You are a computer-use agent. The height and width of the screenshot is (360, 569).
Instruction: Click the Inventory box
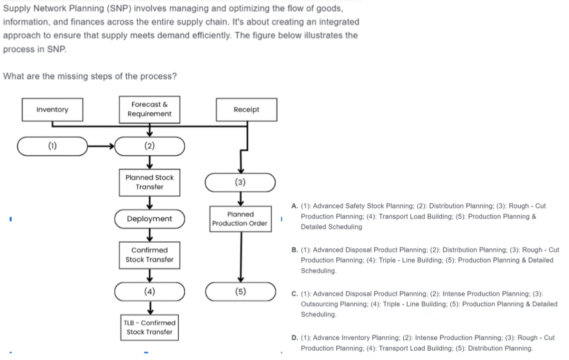[x=52, y=110]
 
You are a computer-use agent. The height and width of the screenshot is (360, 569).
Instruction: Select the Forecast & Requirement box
[x=149, y=109]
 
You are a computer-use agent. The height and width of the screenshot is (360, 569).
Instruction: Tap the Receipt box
[x=246, y=110]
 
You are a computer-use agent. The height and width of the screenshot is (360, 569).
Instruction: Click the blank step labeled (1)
[x=52, y=146]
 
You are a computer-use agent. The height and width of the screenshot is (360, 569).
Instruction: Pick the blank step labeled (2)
[x=149, y=146]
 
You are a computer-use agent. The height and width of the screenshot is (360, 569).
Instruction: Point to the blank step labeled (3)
[x=240, y=182]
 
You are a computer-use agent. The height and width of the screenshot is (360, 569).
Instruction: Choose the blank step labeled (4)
[x=149, y=292]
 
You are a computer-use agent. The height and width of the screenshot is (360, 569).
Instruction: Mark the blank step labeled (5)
[x=240, y=292]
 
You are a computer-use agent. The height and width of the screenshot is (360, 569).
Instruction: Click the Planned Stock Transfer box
[x=149, y=182]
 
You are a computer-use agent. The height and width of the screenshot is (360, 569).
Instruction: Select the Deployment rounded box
[x=149, y=219]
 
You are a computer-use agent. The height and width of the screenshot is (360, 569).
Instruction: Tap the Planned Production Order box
[x=240, y=219]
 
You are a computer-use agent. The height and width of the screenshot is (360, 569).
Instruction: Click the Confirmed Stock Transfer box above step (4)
[x=149, y=255]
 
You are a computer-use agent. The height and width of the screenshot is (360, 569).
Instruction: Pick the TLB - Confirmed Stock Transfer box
[x=149, y=328]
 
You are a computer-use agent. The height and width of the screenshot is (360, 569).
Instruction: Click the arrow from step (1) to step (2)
[x=102, y=146]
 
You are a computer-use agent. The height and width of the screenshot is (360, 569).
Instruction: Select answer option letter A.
[x=294, y=206]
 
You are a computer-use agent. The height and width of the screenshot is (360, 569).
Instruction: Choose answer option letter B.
[x=294, y=250]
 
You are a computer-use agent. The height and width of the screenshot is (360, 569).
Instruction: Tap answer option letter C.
[x=294, y=294]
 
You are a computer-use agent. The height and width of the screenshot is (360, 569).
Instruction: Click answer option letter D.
[x=294, y=338]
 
